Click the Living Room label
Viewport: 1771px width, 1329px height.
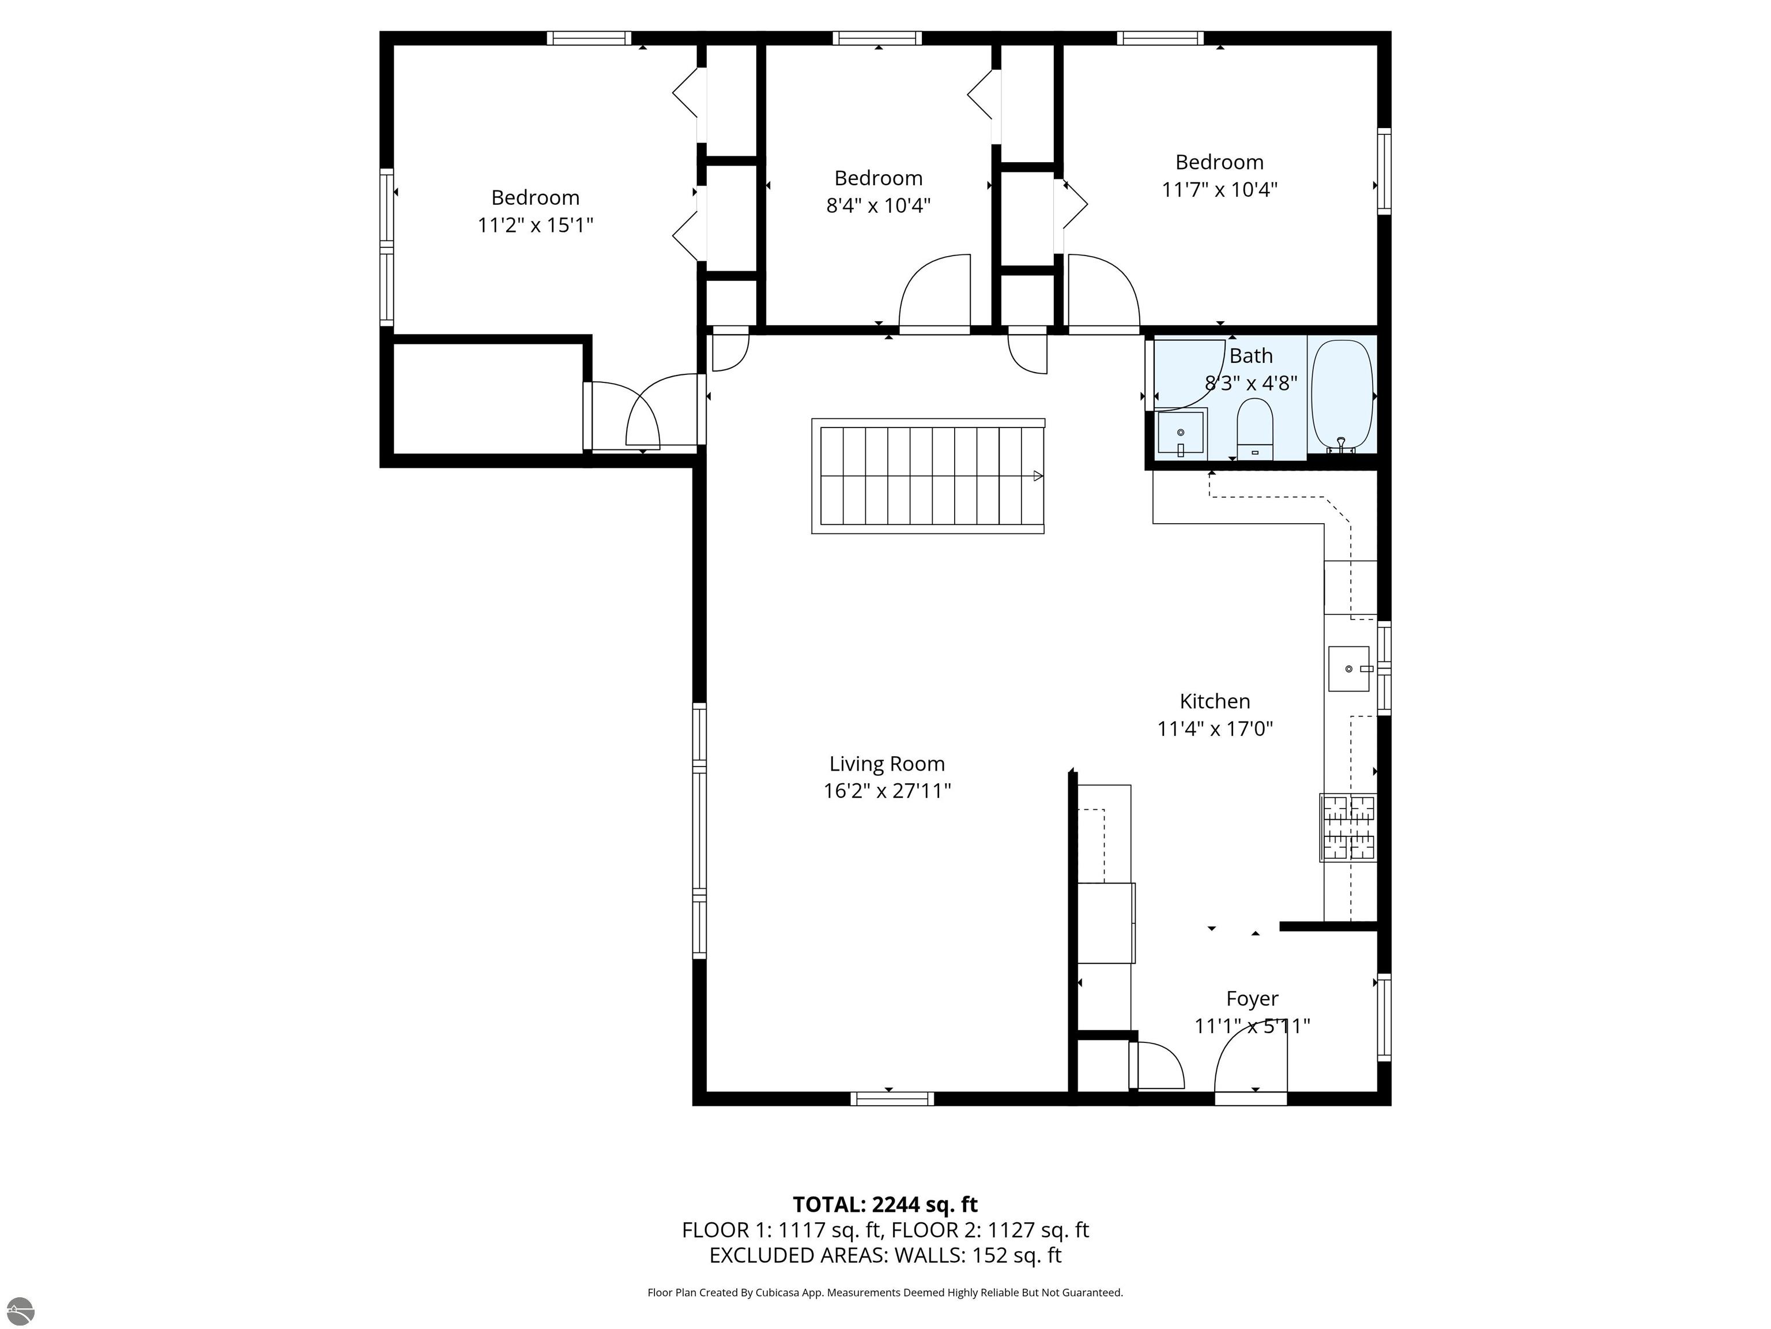[x=887, y=764]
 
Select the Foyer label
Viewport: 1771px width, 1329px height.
[x=1252, y=999]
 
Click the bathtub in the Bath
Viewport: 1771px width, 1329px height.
[x=1342, y=396]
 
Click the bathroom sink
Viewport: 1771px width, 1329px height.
[x=1180, y=433]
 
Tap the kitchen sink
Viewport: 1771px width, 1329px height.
[x=1350, y=668]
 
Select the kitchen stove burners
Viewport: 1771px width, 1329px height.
[x=1348, y=828]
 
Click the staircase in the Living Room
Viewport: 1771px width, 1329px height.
[x=928, y=476]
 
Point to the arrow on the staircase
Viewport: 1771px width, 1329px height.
[x=1038, y=476]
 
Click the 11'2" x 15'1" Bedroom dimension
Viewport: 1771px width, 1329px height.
[x=535, y=225]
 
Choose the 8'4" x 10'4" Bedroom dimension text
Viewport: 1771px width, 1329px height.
[x=879, y=206]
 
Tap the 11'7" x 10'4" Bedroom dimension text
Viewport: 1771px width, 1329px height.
[x=1219, y=190]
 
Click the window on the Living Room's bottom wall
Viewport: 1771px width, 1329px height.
[x=892, y=1098]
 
